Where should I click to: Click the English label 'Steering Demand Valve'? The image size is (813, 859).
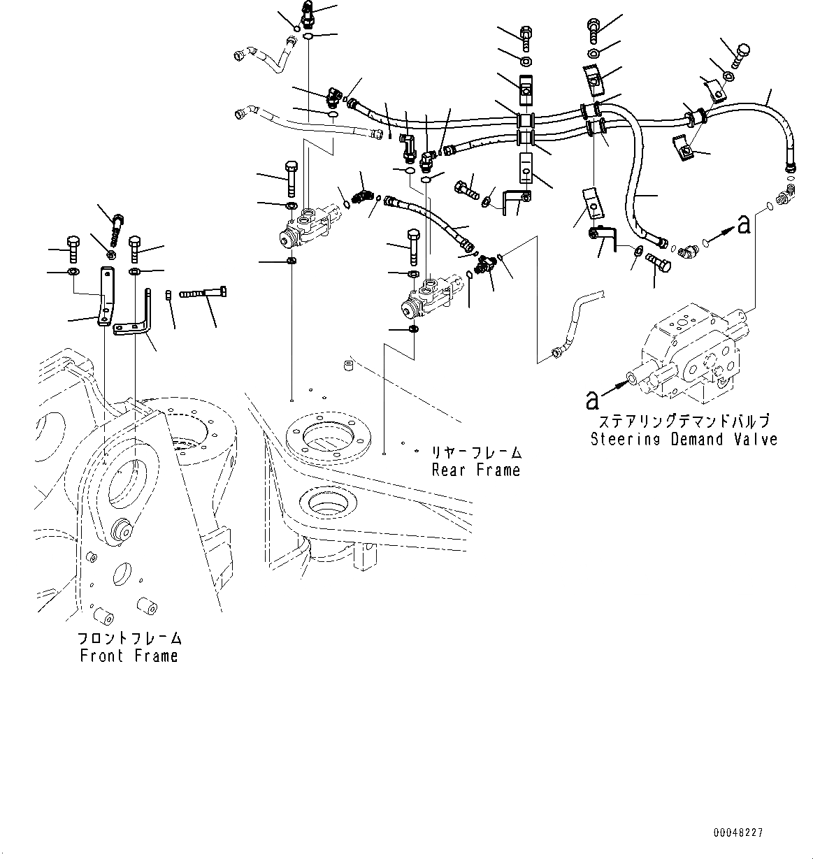(684, 440)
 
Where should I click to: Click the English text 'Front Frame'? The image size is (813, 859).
(129, 656)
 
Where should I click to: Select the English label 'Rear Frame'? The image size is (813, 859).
(475, 470)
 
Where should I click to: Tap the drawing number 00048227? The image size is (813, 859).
(738, 833)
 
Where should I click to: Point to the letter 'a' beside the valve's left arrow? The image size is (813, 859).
(593, 399)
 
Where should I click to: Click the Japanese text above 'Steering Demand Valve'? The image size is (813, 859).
(684, 421)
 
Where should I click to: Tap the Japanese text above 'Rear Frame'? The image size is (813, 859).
(475, 452)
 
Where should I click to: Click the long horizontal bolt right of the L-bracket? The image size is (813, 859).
(203, 294)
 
